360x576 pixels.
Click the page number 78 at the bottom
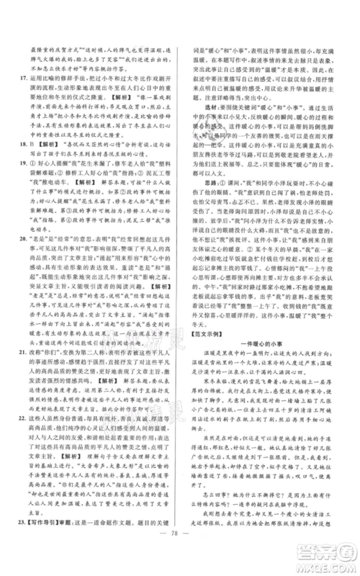[180, 558]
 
